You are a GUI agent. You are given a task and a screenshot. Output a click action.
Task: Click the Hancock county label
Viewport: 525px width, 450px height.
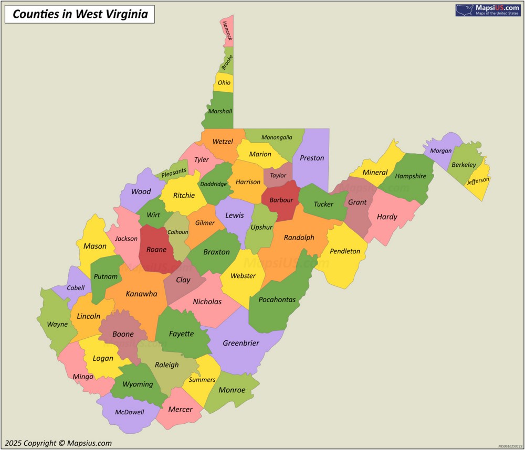(227, 30)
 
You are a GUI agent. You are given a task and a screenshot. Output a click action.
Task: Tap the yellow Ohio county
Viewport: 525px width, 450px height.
(224, 83)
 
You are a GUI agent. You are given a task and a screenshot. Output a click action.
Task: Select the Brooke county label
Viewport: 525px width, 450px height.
(227, 62)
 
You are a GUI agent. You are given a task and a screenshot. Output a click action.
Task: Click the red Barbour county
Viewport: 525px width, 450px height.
(281, 200)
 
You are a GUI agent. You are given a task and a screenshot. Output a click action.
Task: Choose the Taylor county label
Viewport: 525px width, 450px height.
(278, 176)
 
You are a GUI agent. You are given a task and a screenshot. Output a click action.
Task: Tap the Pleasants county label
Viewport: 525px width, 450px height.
(174, 172)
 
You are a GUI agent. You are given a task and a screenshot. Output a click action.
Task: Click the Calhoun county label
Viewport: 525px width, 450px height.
(177, 232)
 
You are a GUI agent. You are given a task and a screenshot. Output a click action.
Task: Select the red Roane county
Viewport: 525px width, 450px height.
(156, 250)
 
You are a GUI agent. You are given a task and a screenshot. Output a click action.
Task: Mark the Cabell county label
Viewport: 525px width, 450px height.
(76, 288)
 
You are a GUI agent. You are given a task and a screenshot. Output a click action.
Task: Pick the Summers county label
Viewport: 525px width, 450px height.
(202, 380)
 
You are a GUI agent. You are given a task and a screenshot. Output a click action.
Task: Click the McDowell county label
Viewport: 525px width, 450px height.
(130, 412)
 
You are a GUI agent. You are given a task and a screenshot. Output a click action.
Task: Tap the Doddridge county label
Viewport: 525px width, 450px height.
(214, 184)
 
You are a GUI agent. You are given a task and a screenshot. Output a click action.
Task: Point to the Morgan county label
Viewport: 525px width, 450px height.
(440, 151)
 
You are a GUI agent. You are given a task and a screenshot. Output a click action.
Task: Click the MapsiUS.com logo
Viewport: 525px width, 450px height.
(487, 10)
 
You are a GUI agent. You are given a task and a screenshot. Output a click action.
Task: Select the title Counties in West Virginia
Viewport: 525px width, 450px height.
(80, 14)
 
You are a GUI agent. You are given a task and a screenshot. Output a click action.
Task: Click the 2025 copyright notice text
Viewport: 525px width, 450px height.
(58, 443)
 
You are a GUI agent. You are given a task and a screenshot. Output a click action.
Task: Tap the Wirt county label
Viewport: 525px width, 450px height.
(153, 215)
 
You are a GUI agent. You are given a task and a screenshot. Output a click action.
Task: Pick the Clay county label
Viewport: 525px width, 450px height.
(183, 280)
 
